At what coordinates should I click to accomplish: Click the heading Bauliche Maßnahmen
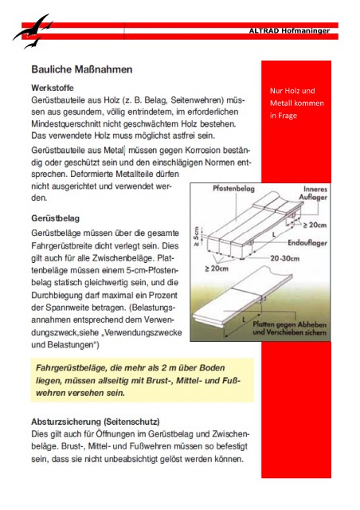pyautogui.click(x=81, y=69)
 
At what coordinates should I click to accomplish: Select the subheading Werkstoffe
pyautogui.click(x=53, y=88)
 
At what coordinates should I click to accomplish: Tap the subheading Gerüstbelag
pyautogui.click(x=55, y=218)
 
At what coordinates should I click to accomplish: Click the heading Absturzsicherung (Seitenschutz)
pyautogui.click(x=96, y=422)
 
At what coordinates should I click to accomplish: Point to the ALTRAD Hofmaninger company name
pyautogui.click(x=289, y=31)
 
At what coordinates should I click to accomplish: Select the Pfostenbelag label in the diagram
pyautogui.click(x=233, y=189)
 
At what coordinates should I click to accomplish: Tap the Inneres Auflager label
pyautogui.click(x=313, y=193)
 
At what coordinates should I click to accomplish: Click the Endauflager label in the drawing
pyautogui.click(x=307, y=242)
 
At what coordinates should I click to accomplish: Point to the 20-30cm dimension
pyautogui.click(x=285, y=258)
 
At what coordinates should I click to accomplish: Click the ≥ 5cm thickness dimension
pyautogui.click(x=197, y=237)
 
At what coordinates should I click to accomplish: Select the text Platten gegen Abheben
pyautogui.click(x=289, y=324)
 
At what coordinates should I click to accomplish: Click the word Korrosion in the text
pyautogui.click(x=202, y=151)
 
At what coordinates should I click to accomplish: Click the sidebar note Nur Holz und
pyautogui.click(x=292, y=91)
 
